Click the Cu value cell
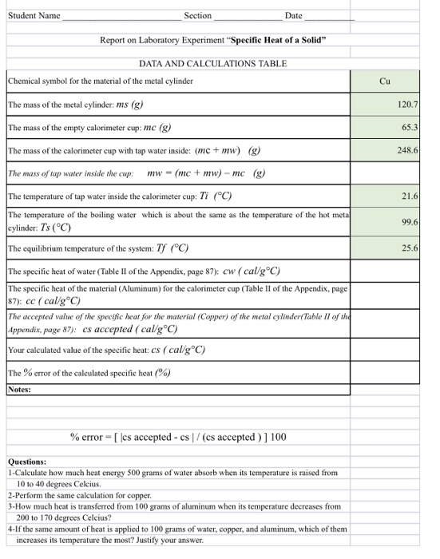pyautogui.click(x=385, y=81)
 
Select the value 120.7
pyautogui.click(x=408, y=105)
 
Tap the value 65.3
pyautogui.click(x=410, y=127)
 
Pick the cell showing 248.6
pyautogui.click(x=408, y=149)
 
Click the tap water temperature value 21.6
pyautogui.click(x=410, y=195)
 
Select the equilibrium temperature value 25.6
pyautogui.click(x=410, y=248)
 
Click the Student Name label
pyautogui.click(x=33, y=15)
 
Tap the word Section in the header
pyautogui.click(x=197, y=15)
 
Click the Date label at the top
pyautogui.click(x=293, y=15)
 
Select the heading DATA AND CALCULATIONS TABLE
pyautogui.click(x=212, y=63)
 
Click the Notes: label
pyautogui.click(x=19, y=390)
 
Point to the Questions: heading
pyautogui.click(x=27, y=462)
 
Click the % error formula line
pyautogui.click(x=178, y=437)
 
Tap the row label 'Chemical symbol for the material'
pyautogui.click(x=101, y=81)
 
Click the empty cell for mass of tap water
pyautogui.click(x=385, y=172)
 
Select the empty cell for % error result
pyautogui.click(x=385, y=372)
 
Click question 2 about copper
pyautogui.click(x=74, y=495)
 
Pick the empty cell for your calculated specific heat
pyautogui.click(x=385, y=350)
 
